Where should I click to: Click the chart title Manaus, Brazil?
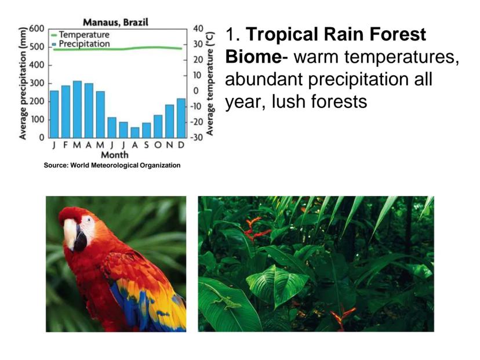116,23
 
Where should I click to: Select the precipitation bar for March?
77,110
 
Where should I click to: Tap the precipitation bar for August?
134,133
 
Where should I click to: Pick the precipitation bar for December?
181,118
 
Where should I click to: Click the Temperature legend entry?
80,35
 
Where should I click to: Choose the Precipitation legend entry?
81,44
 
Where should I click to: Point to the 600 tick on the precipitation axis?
37,29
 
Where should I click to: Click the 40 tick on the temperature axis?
198,29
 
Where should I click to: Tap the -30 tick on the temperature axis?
197,137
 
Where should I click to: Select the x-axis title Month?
115,155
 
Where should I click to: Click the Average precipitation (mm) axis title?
23,83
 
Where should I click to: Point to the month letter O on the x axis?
158,145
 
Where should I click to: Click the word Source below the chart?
56,165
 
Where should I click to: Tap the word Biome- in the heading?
257,57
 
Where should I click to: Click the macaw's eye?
88,220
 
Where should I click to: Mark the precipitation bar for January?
54,114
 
